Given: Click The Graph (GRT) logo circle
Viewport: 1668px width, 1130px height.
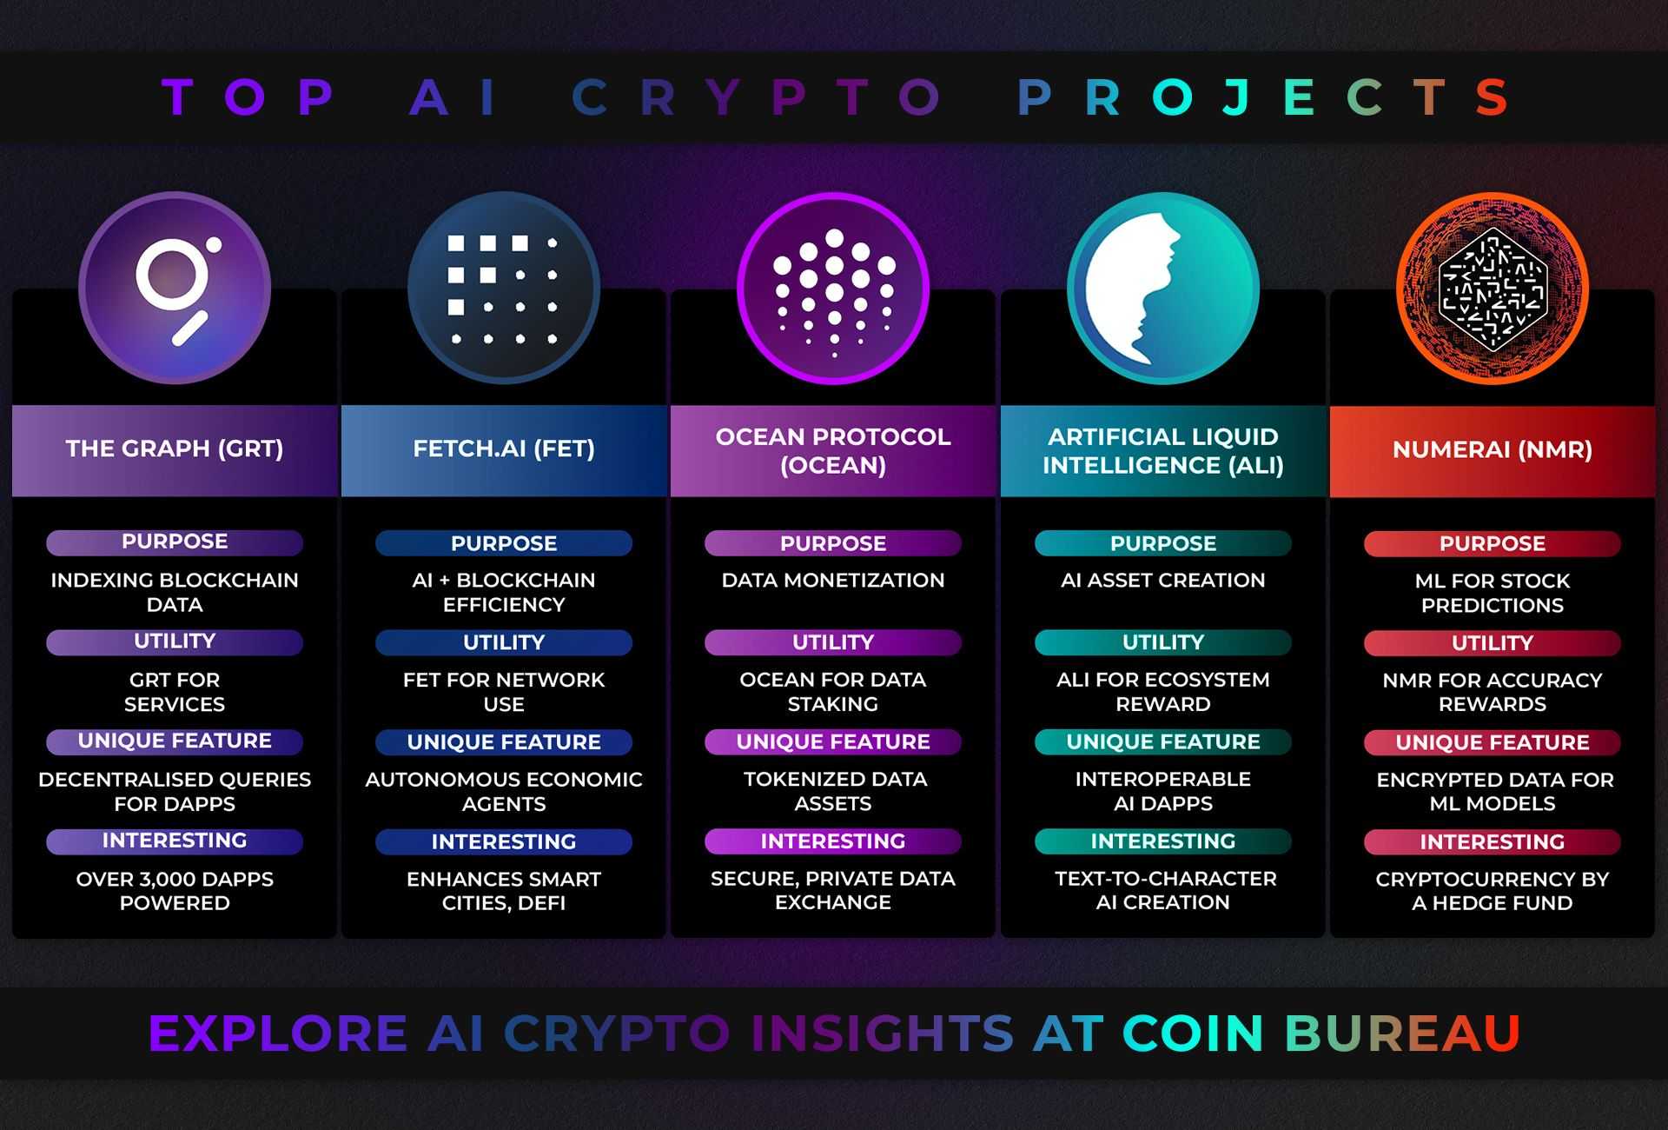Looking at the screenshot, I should point(175,288).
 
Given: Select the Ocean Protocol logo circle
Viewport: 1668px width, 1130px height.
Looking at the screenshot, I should point(833,288).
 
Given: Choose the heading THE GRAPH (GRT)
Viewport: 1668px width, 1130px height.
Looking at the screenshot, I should point(175,449).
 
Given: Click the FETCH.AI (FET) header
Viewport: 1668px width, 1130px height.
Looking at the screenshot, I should point(504,449).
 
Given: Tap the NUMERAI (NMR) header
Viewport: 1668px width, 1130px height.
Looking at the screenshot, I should point(1493,449).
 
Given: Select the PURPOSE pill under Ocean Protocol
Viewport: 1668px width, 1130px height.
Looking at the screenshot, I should point(833,543).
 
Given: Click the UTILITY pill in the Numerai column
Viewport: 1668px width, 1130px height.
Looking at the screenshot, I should point(1493,643).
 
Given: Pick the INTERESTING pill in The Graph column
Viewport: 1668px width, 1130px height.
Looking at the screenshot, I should point(175,841).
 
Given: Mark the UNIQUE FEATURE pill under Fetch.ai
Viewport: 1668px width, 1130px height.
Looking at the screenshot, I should point(504,742).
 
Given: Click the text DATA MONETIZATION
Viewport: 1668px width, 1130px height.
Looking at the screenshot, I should point(833,581).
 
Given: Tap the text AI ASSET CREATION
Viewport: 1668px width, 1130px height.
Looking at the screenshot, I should point(1162,581).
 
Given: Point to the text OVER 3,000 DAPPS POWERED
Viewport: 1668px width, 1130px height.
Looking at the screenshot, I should point(175,891).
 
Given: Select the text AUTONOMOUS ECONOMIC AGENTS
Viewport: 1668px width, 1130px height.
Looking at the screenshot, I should point(504,791).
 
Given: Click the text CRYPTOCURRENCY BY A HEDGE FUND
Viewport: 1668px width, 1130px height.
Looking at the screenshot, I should point(1493,891).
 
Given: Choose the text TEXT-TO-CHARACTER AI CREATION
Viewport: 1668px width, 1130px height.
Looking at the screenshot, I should point(1162,890).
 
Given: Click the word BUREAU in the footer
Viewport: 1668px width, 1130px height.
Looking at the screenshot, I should point(1402,1033).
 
